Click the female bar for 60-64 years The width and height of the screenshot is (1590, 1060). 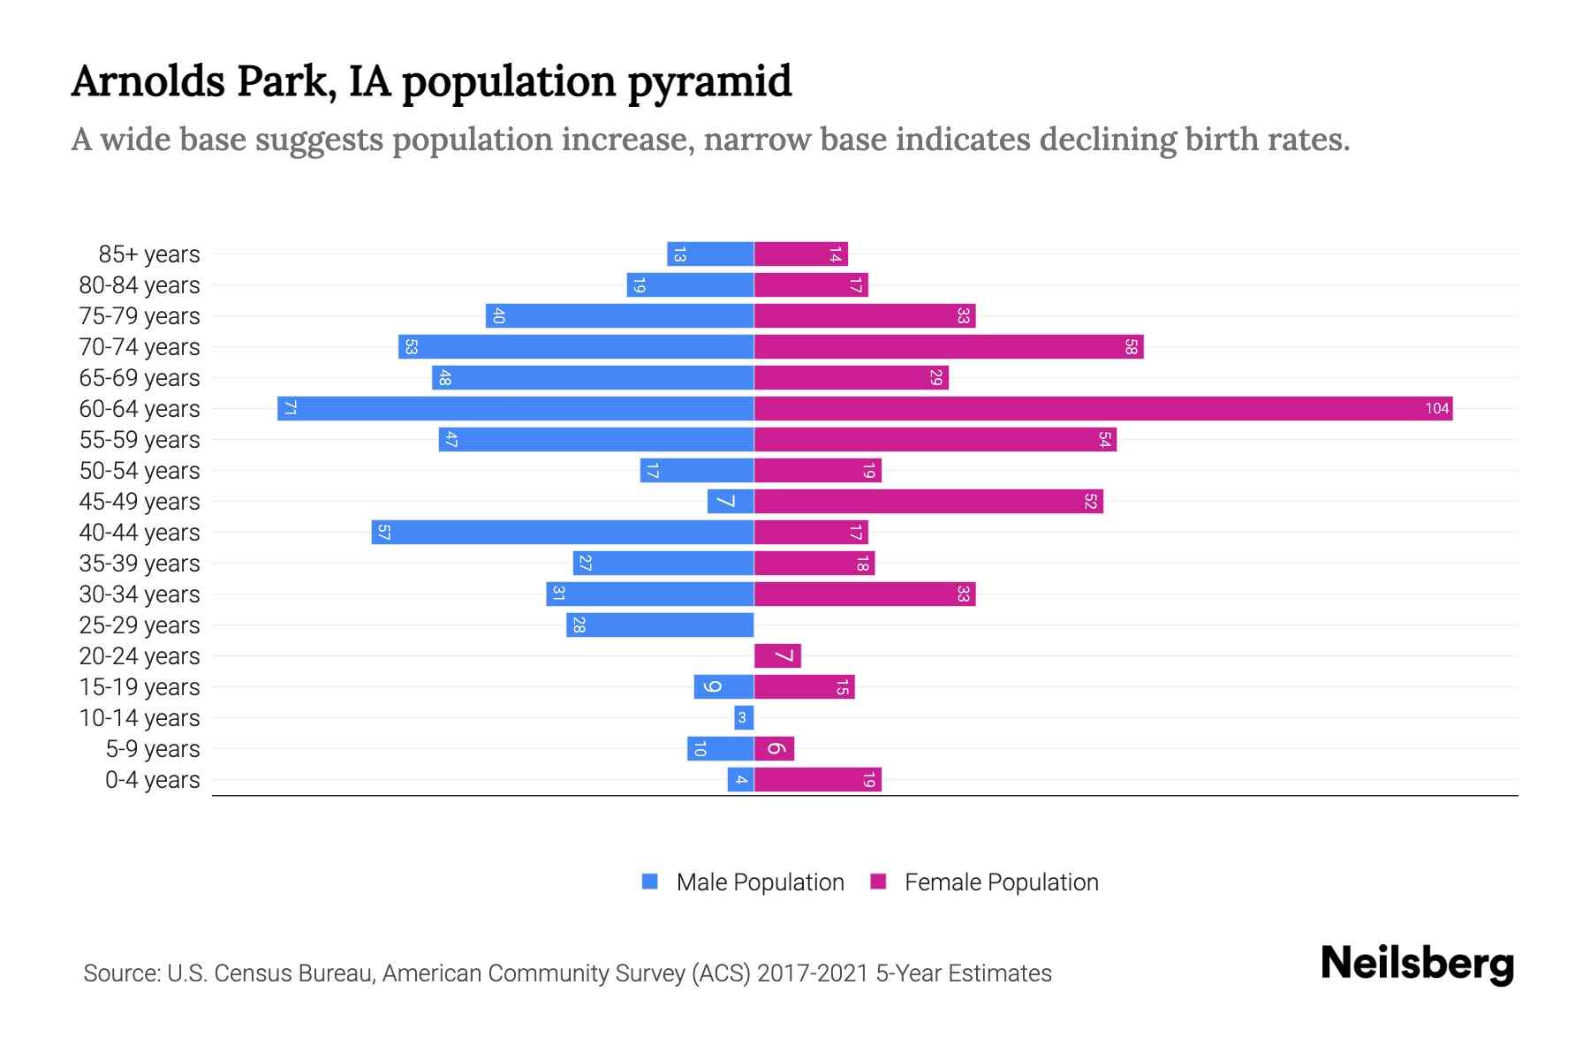pyautogui.click(x=1102, y=408)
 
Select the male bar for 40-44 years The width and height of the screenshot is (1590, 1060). pyautogui.click(x=563, y=532)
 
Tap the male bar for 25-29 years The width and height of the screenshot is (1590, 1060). pyautogui.click(x=660, y=625)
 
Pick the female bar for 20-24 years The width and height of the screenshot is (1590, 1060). pyautogui.click(x=777, y=655)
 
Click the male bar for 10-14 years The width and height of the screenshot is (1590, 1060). pyautogui.click(x=744, y=717)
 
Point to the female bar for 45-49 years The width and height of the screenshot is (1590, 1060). pyautogui.click(x=928, y=501)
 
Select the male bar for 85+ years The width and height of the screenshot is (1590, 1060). pyautogui.click(x=710, y=254)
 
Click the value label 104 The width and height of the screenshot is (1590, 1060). pyautogui.click(x=1436, y=408)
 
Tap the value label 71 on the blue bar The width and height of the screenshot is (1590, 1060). pyautogui.click(x=290, y=408)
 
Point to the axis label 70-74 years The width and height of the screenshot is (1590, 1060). pyautogui.click(x=140, y=347)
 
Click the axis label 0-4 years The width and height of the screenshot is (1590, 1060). pyautogui.click(x=152, y=780)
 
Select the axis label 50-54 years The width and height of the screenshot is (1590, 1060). pyautogui.click(x=140, y=471)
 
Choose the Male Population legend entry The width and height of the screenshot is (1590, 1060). pyautogui.click(x=743, y=882)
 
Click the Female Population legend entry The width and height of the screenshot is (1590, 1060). pyautogui.click(x=984, y=882)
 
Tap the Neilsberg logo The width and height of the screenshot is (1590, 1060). pyautogui.click(x=1417, y=964)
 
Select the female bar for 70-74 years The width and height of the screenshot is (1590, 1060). pyautogui.click(x=949, y=347)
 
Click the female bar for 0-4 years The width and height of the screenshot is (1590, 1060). pyautogui.click(x=818, y=780)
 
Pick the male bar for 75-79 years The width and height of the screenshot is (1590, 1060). pyautogui.click(x=619, y=316)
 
